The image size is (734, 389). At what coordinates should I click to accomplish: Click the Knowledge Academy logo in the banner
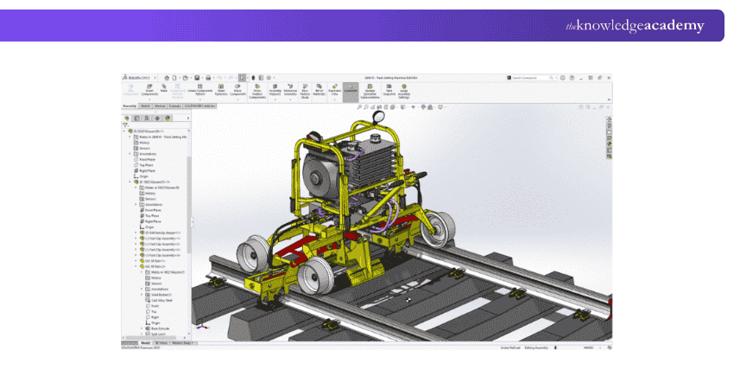click(635, 26)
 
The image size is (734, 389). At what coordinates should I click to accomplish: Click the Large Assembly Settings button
click(404, 89)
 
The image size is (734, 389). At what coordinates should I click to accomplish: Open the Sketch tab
click(146, 105)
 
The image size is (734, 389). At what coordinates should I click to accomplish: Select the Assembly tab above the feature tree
click(129, 105)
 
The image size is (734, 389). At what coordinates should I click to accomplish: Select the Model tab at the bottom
click(145, 343)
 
